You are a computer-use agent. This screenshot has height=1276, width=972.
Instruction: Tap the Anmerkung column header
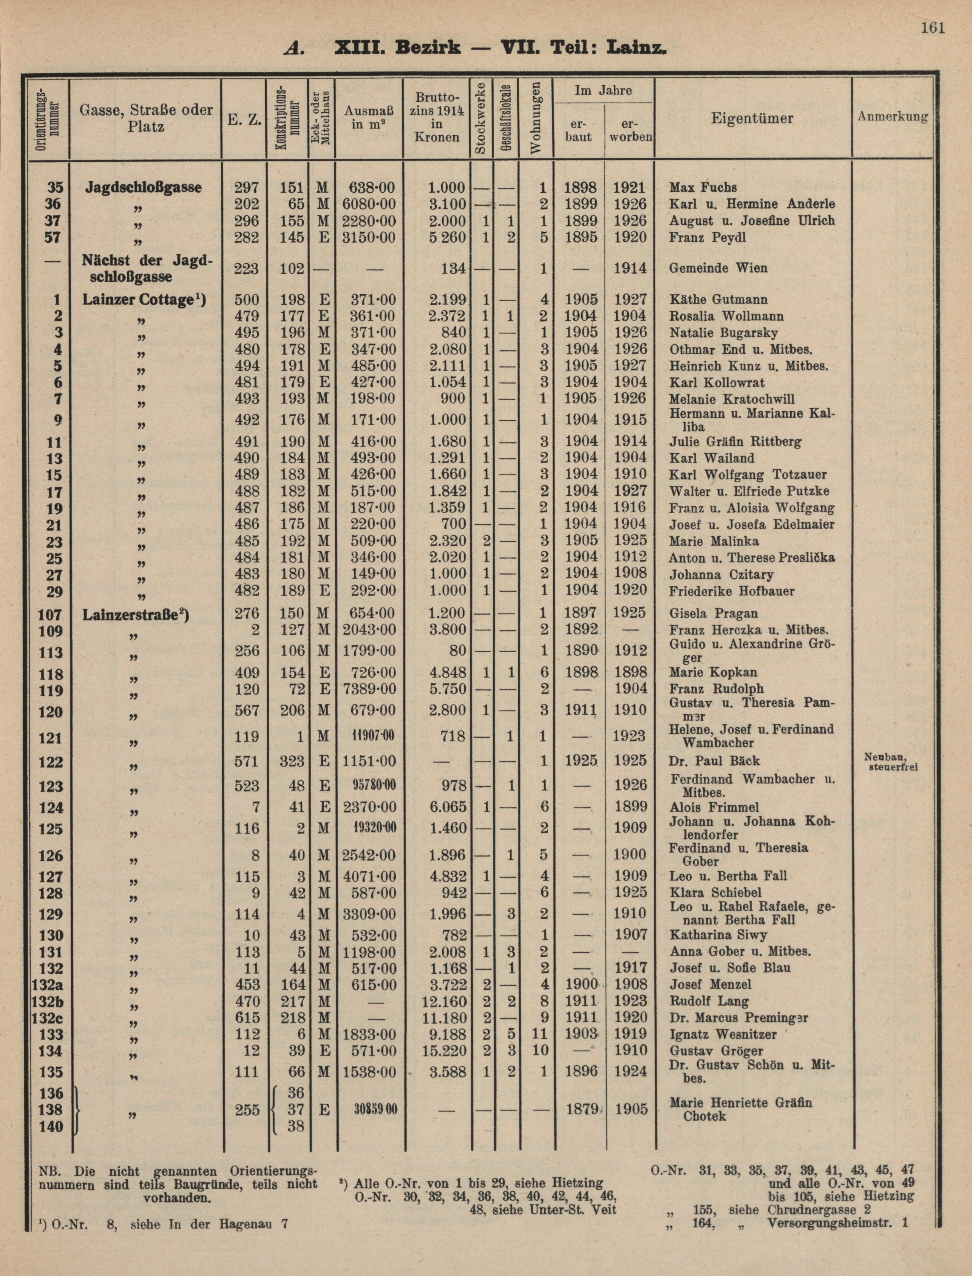point(892,116)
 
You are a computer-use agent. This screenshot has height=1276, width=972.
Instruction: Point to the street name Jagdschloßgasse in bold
point(143,187)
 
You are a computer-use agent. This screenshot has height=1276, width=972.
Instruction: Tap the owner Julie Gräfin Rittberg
point(735,442)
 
